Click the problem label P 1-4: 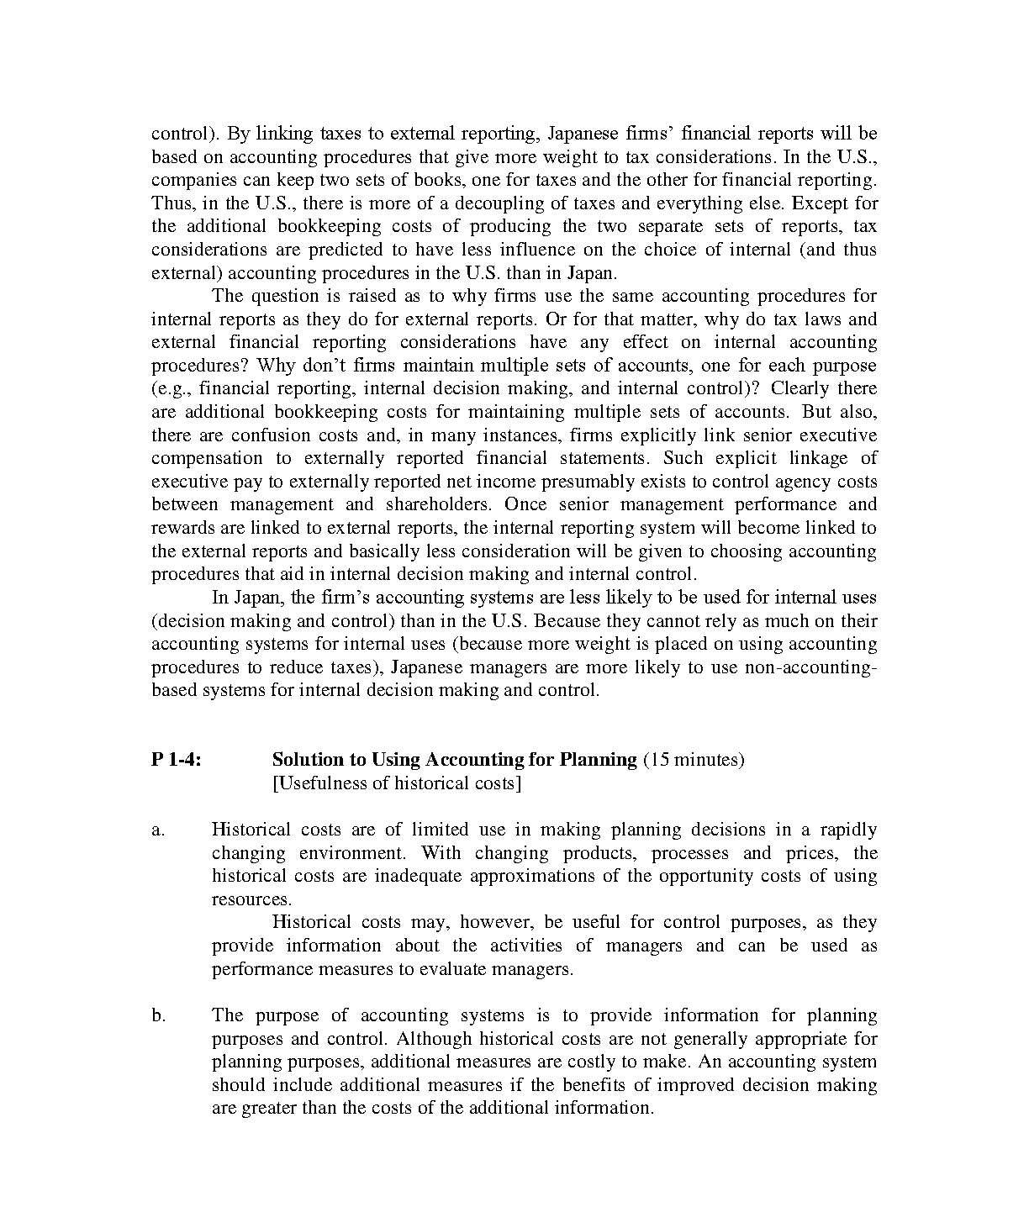click(177, 760)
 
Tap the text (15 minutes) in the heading click(694, 760)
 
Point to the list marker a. click(158, 830)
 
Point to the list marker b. click(159, 1015)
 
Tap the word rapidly click(848, 830)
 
